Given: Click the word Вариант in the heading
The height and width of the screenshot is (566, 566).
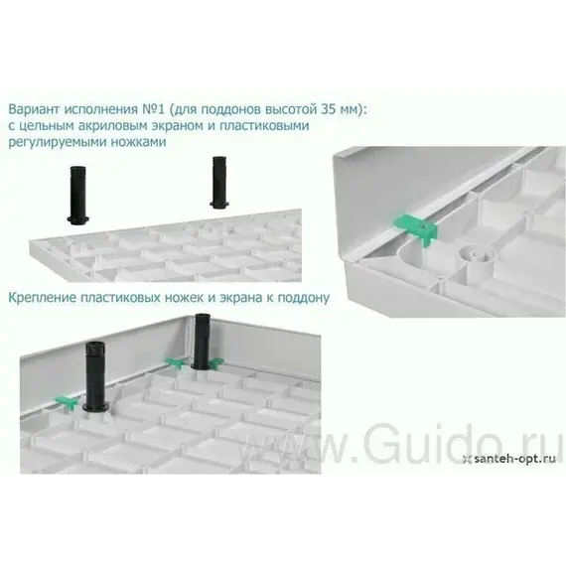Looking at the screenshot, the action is pos(34,109).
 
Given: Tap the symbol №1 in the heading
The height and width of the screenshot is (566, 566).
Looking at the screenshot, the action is pos(153,109).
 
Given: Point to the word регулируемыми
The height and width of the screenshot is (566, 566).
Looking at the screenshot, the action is pos(57,142).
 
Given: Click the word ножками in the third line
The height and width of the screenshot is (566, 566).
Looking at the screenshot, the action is pos(138,141).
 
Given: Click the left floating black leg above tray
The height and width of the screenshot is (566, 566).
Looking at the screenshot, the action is pos(78,195).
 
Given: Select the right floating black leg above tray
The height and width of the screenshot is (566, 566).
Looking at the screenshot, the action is pos(219,183).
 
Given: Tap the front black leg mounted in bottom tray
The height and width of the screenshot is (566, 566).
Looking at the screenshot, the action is pos(94,376).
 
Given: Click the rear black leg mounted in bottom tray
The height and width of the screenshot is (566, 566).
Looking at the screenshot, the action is pos(201,342).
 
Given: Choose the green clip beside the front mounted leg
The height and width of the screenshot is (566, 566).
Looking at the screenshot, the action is pos(67,402).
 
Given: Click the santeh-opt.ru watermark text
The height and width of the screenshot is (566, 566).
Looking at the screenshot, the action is pos(509,459).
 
